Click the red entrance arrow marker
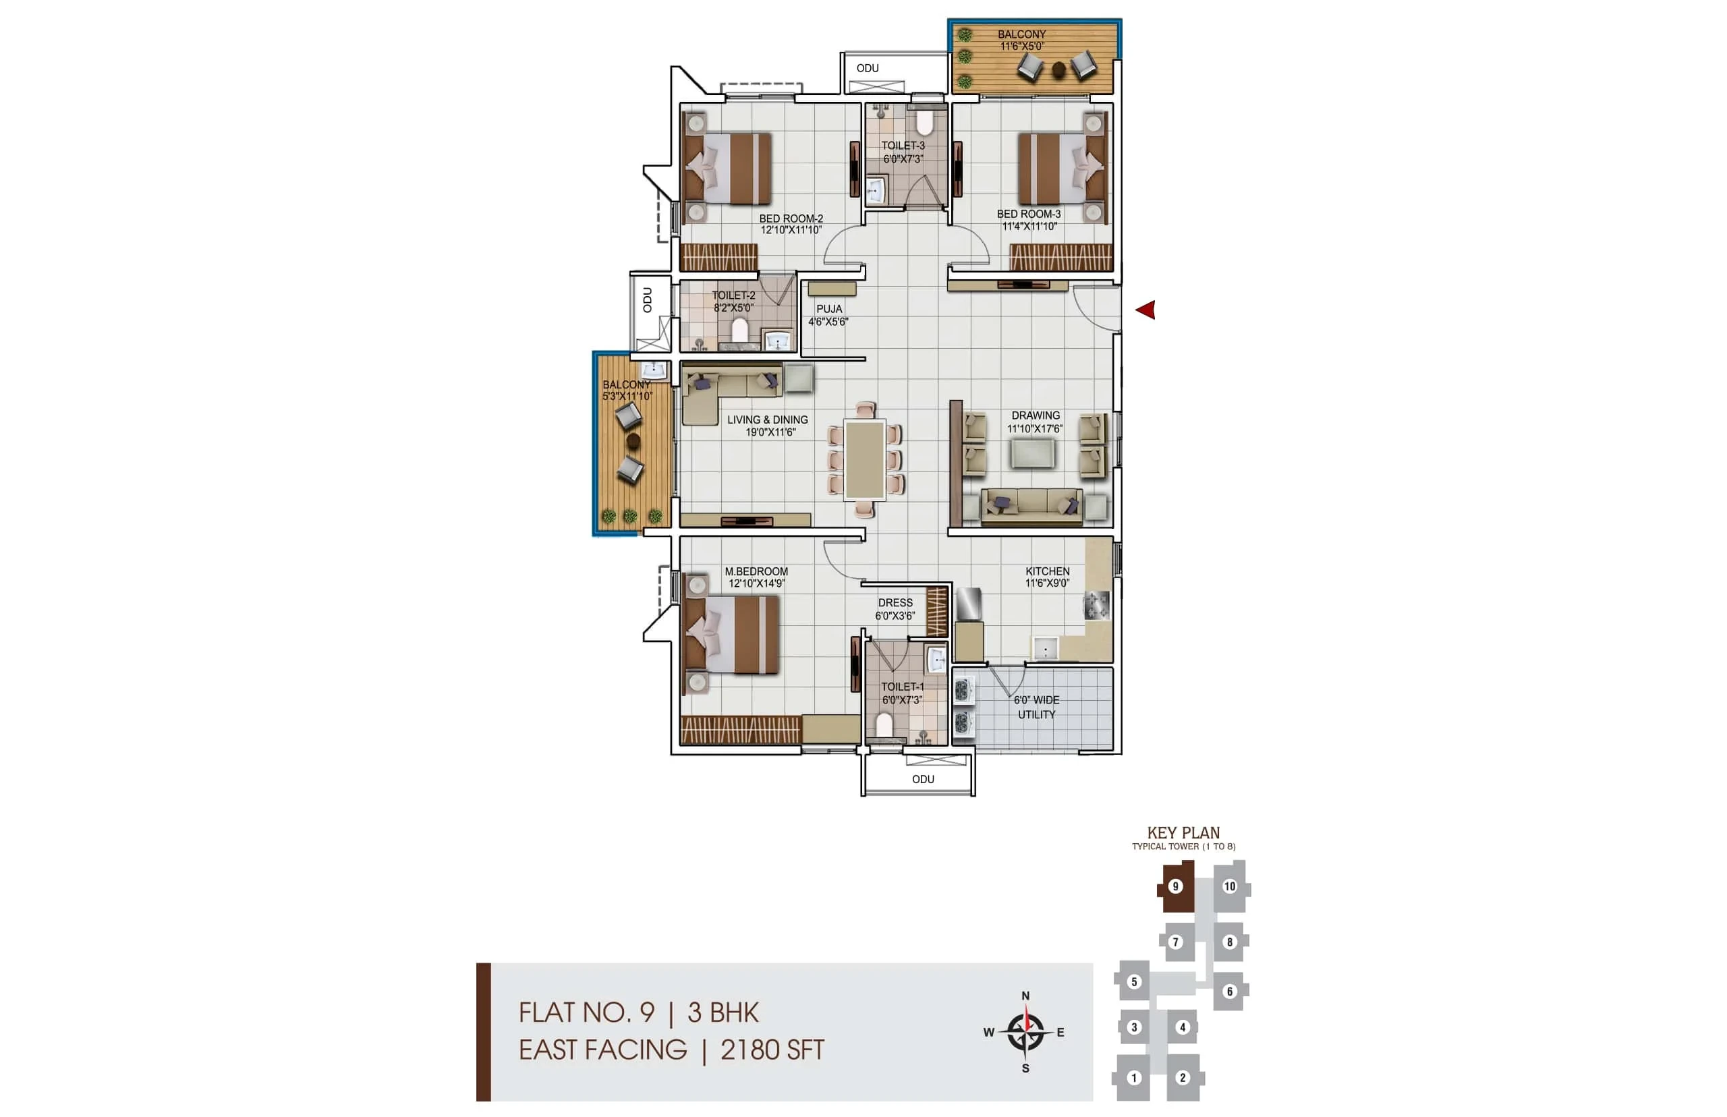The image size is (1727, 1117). tap(1145, 310)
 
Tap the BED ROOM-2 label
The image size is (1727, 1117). tap(791, 219)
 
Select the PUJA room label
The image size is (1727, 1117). tap(829, 309)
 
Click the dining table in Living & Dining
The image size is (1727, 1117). tap(865, 461)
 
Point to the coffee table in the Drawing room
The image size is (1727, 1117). tap(1033, 453)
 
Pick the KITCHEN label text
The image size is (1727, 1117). tap(1048, 571)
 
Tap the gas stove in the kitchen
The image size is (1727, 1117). tap(1096, 605)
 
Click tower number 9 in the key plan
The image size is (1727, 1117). tap(1176, 886)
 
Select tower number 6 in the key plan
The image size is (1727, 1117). tap(1229, 992)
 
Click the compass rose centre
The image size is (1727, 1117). tap(1025, 1031)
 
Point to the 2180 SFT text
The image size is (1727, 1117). tap(772, 1050)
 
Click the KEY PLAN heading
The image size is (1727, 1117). tap(1184, 832)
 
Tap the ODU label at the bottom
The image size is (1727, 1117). tap(923, 779)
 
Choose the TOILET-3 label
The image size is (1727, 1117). tap(903, 146)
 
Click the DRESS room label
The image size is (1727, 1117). tap(895, 603)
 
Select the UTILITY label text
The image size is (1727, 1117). tap(1036, 714)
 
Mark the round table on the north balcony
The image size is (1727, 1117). tap(1058, 69)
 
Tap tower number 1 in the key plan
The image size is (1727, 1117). tap(1134, 1078)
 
